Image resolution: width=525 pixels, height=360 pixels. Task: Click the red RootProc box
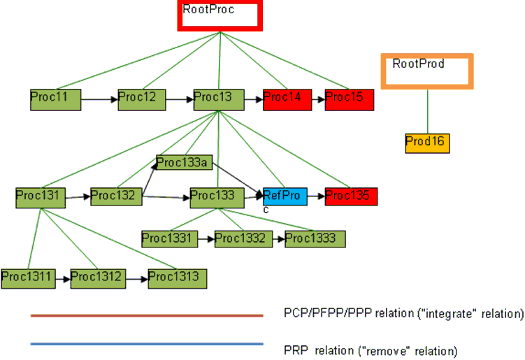(x=220, y=17)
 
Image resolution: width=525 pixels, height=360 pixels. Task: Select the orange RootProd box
(x=427, y=71)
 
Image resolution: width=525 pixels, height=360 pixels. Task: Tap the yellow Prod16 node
(x=426, y=143)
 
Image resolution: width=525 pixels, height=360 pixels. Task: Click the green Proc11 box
(x=55, y=99)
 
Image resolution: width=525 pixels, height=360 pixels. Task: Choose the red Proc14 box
(x=287, y=99)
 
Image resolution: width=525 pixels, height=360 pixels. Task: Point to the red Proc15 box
(x=350, y=99)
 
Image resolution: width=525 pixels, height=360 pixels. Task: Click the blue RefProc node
(x=285, y=196)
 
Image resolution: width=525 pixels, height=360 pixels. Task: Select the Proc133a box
(x=184, y=164)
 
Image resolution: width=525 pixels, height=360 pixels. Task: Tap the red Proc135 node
(x=351, y=196)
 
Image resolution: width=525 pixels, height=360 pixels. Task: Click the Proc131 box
(x=41, y=197)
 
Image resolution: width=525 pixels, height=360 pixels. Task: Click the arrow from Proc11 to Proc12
(x=99, y=100)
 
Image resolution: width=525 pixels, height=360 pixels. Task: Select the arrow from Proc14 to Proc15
(x=318, y=100)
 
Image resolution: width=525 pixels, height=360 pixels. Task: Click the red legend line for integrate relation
(x=147, y=316)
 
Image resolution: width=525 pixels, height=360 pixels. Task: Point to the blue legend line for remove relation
(x=147, y=344)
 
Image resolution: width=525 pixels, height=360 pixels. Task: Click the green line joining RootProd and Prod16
(x=427, y=111)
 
